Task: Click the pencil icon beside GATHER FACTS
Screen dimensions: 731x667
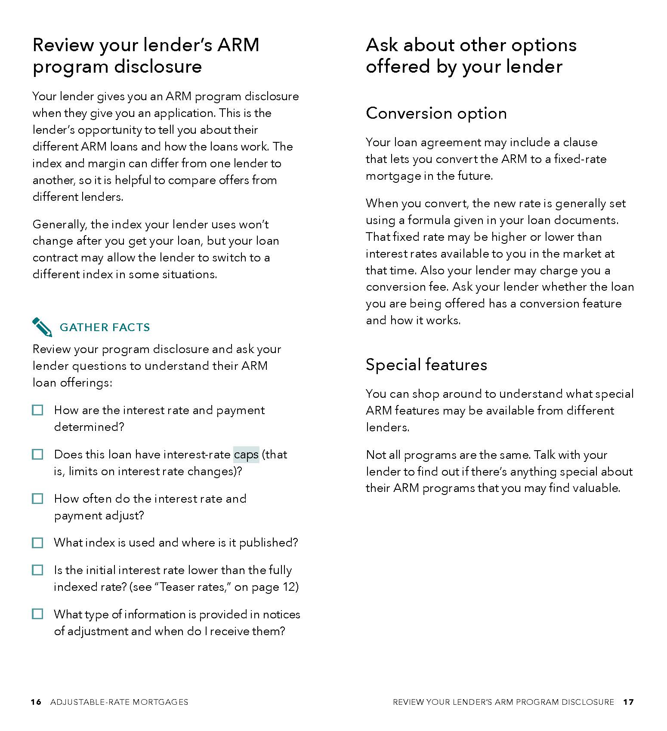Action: pos(42,327)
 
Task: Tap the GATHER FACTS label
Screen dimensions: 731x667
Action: pos(105,327)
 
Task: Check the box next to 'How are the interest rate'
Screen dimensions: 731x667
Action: pos(38,410)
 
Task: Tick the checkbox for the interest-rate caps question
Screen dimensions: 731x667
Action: pos(38,455)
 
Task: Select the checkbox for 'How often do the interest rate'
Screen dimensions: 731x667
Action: pos(38,499)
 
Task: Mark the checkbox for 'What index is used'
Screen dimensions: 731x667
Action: pos(38,543)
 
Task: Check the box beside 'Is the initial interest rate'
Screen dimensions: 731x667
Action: pos(38,570)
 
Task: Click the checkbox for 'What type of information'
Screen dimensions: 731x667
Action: pos(38,614)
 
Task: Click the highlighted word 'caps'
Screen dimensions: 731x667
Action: pos(246,455)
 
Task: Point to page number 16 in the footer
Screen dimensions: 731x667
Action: pos(36,702)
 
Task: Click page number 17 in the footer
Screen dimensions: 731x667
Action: pos(628,702)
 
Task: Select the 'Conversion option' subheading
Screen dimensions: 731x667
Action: pos(436,113)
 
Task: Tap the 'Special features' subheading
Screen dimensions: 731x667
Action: pos(426,365)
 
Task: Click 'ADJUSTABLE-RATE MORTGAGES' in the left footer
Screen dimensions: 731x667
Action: pos(119,702)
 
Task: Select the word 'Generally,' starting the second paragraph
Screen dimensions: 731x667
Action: pos(60,224)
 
